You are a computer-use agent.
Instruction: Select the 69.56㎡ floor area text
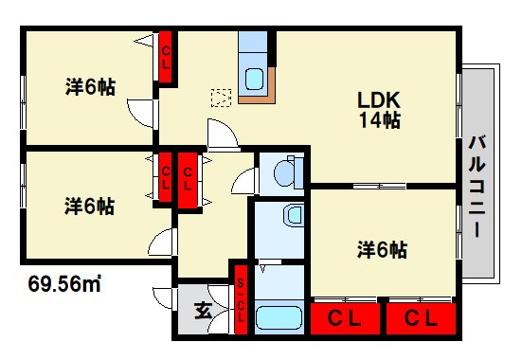coord(63,281)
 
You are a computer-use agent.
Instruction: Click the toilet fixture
coord(284,172)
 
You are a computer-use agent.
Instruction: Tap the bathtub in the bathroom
coord(278,316)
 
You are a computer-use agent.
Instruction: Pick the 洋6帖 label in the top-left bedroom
coord(90,87)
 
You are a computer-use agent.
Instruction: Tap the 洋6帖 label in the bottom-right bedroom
coord(383,250)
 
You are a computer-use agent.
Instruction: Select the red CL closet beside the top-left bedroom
coord(166,58)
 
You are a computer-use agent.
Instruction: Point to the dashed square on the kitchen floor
coord(222,97)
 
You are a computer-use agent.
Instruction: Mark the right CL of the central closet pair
coord(188,177)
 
